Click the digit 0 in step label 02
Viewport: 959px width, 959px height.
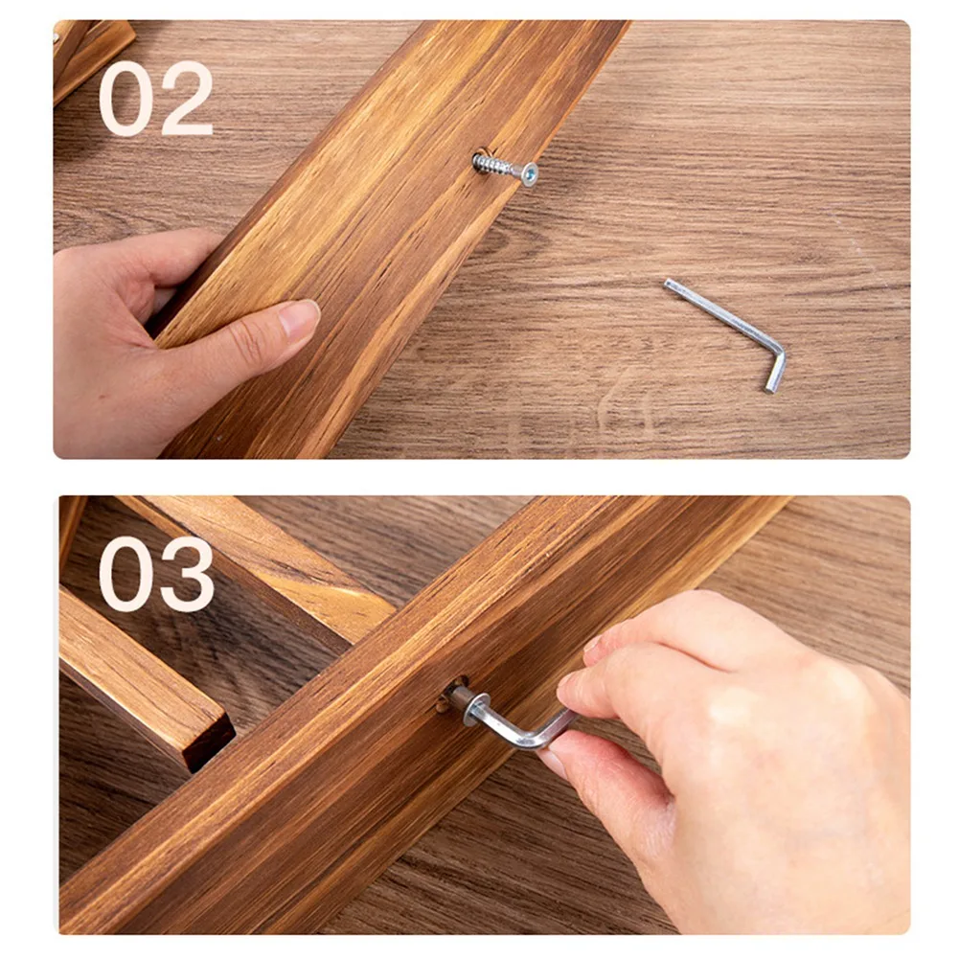pos(127,100)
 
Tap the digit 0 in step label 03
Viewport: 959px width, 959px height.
pos(127,575)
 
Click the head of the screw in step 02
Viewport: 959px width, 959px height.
pos(528,174)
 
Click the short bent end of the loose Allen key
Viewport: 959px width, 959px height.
pos(775,370)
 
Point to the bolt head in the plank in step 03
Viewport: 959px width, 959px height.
pos(463,701)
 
